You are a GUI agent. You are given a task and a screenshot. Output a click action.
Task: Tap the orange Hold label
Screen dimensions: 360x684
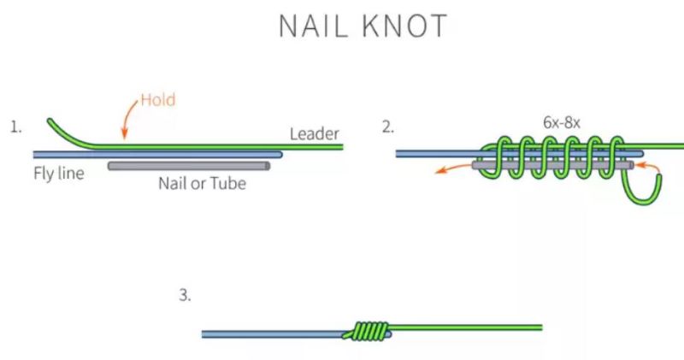(x=157, y=100)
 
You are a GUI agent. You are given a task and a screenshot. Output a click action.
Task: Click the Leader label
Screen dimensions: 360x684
(x=315, y=133)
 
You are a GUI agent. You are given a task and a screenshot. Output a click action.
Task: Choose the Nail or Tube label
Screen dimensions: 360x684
(x=202, y=182)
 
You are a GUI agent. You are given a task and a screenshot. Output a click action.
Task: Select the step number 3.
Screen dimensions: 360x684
(x=185, y=296)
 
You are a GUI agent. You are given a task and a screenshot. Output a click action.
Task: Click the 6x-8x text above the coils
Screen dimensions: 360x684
(x=562, y=122)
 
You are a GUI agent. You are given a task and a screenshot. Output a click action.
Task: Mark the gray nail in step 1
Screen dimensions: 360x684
(x=189, y=166)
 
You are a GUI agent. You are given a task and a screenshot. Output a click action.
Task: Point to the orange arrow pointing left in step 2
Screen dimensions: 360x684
(x=446, y=169)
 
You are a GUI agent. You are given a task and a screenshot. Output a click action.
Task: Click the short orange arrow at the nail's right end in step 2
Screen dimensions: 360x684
(x=650, y=164)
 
